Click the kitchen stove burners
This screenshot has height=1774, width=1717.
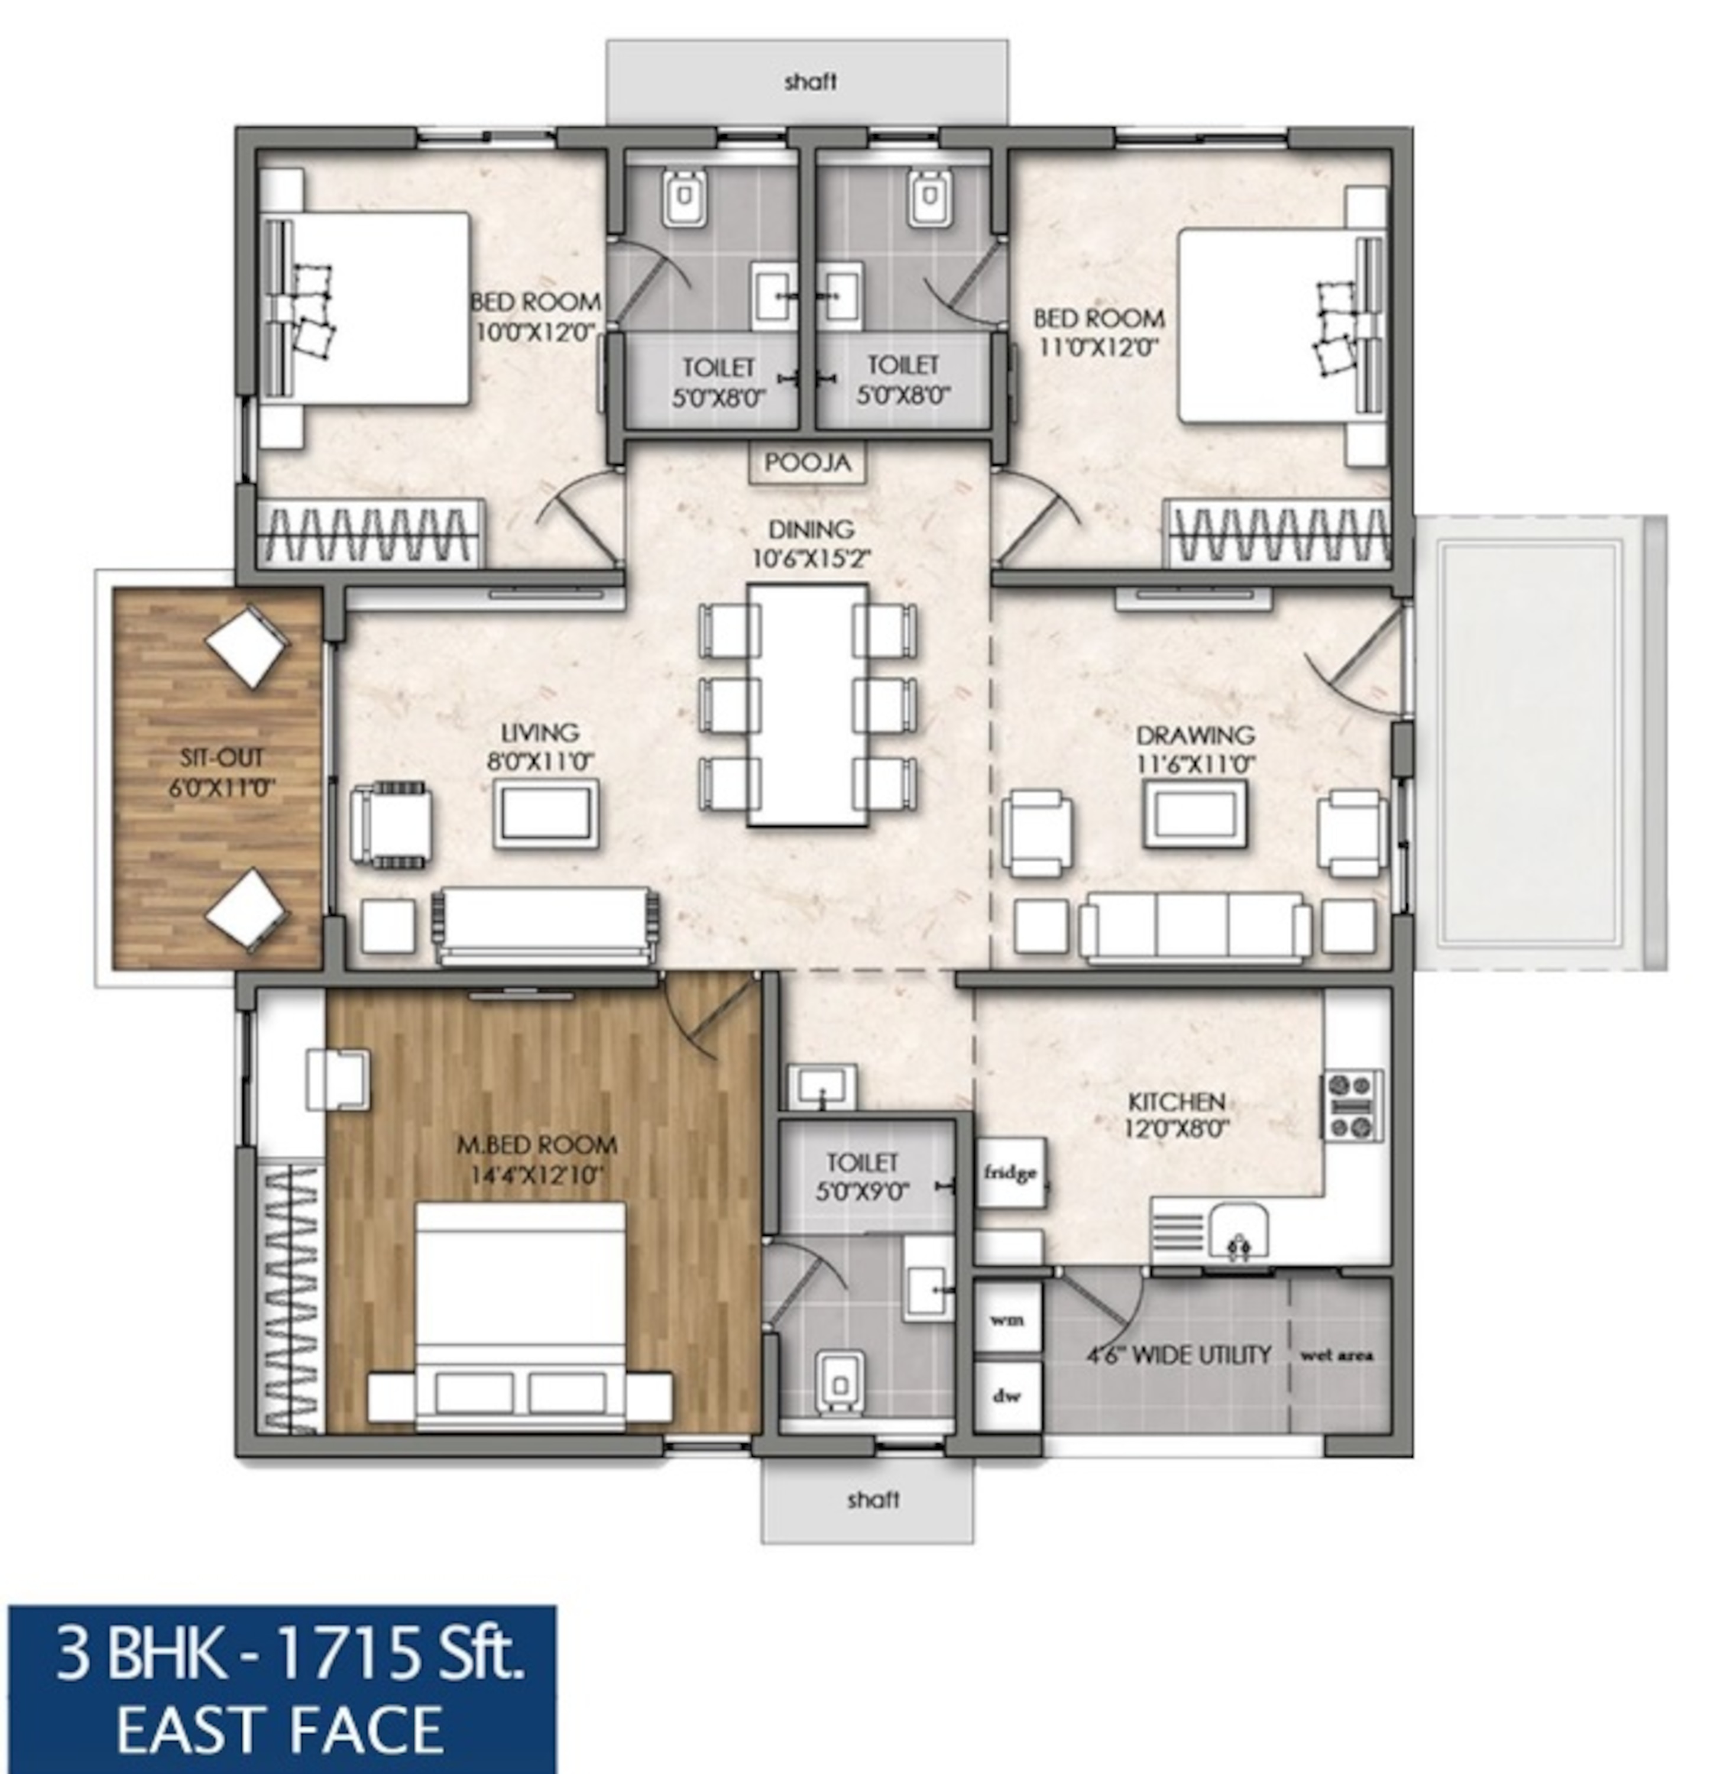tap(1354, 1105)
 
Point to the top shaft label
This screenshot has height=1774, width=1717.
tap(810, 82)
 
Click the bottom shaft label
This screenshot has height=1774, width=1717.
tap(873, 1500)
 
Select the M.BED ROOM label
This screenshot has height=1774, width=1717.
tap(537, 1145)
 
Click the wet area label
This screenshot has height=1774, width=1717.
tap(1337, 1355)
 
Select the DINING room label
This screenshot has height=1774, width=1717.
tap(811, 529)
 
